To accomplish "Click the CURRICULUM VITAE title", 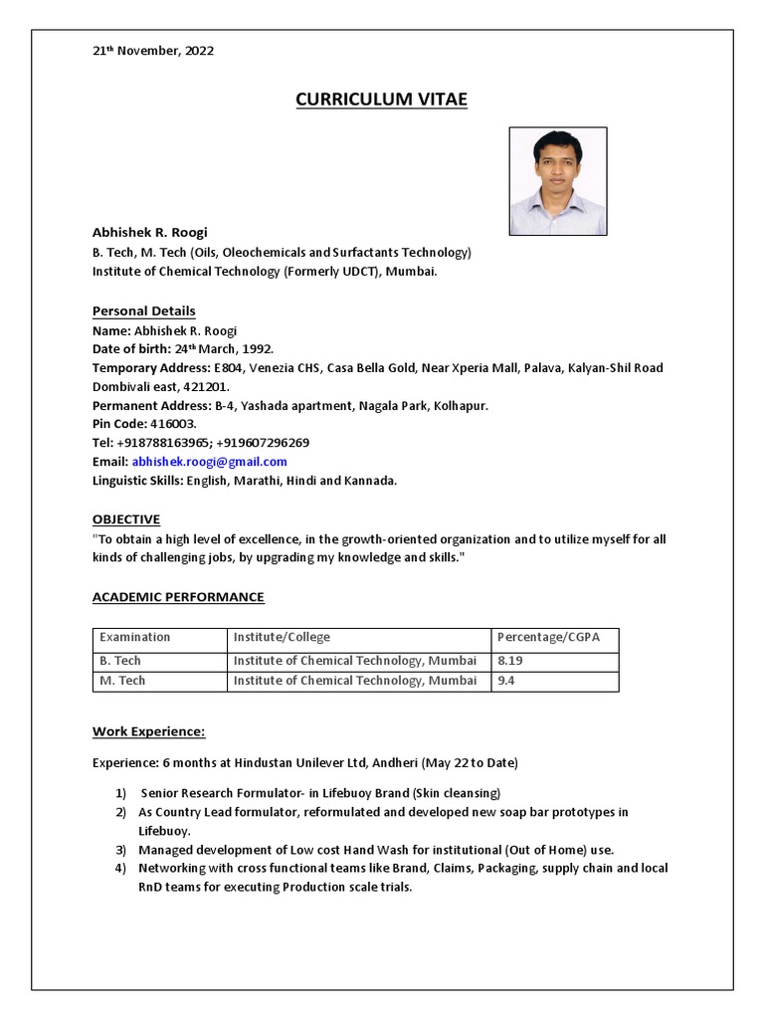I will point(381,100).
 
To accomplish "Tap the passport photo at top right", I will point(557,181).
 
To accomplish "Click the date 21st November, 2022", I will point(153,50).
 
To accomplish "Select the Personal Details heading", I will point(144,310).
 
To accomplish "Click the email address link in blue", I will point(209,462).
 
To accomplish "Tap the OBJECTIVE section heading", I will point(126,519).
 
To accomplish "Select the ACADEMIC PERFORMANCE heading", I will point(179,597).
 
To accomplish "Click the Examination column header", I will point(135,637).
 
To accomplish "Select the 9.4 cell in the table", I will point(506,681).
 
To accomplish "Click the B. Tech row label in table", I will point(120,660).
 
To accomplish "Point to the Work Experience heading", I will point(149,731).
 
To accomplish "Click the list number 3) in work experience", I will point(119,850).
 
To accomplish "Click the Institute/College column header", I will point(282,637).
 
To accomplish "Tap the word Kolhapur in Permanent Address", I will point(460,406).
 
